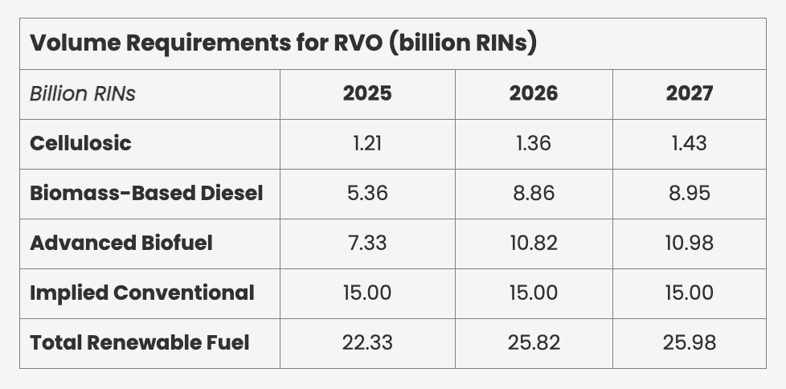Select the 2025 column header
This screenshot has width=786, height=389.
point(367,93)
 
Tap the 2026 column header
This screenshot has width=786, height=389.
point(534,93)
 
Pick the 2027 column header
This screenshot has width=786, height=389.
point(690,93)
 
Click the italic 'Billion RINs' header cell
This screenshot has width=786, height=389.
point(83,93)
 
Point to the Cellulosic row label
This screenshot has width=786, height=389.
point(80,143)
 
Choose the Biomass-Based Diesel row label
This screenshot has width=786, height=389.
point(146,193)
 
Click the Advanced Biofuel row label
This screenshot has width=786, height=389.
point(121,243)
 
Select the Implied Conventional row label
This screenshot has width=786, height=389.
point(142,293)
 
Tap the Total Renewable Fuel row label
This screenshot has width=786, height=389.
point(140,342)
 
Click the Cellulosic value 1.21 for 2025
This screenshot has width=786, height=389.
point(367,143)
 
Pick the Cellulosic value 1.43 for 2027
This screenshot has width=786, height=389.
point(690,143)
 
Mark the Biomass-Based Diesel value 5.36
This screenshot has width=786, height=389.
point(367,193)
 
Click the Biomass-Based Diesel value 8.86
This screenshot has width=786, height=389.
point(534,193)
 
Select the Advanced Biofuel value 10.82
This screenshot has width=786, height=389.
point(534,243)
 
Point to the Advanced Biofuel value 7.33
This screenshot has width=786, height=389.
point(367,243)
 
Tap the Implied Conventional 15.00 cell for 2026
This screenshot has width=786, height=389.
point(534,293)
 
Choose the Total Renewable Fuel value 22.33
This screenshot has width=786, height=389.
point(367,342)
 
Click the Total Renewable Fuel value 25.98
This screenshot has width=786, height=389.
point(690,342)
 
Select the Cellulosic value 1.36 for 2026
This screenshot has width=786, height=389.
point(534,143)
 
